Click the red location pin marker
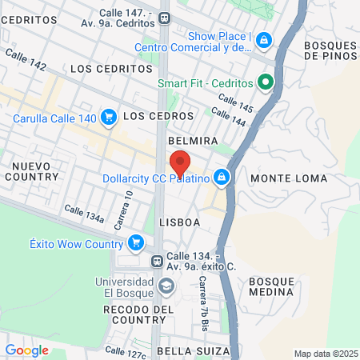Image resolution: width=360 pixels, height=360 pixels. pos(180,162)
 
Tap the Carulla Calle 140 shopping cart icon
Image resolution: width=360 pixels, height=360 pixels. pos(109,118)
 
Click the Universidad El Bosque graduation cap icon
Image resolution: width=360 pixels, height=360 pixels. pos(166,286)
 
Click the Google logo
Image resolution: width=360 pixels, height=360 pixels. pos(26,350)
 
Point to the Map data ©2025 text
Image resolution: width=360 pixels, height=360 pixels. pos(324,354)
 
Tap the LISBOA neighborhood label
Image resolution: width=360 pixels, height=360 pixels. pos(178,222)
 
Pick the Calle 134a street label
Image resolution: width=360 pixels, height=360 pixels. pos(84,214)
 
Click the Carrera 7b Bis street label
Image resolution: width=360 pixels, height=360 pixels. pos(204,304)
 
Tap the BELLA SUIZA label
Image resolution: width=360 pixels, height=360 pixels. pos(194,351)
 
